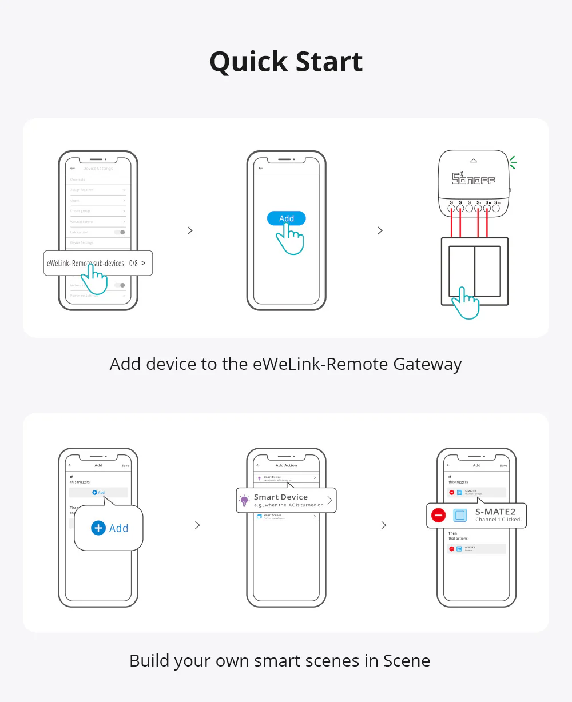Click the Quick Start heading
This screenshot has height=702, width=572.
click(286, 62)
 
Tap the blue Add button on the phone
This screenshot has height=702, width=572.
click(287, 218)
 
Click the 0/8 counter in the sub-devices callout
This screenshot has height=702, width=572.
click(133, 264)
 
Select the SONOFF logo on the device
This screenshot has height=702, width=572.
click(474, 178)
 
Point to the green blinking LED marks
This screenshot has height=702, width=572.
click(513, 163)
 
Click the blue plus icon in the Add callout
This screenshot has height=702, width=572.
click(98, 528)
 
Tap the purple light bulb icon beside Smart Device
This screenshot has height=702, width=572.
click(245, 501)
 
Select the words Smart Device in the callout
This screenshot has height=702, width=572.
click(281, 497)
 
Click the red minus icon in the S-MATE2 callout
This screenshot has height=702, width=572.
click(439, 516)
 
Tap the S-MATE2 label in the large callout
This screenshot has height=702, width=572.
click(495, 512)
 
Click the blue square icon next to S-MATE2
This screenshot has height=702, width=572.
click(460, 516)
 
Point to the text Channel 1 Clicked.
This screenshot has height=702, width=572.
click(498, 520)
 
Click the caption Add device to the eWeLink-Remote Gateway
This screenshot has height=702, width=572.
click(286, 364)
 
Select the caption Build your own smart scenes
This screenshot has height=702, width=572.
click(280, 661)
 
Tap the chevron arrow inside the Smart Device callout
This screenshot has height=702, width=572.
click(329, 501)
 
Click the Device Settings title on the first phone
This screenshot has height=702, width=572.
click(98, 169)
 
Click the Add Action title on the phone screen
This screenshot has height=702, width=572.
click(287, 465)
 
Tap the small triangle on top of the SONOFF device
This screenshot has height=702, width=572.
click(474, 161)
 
